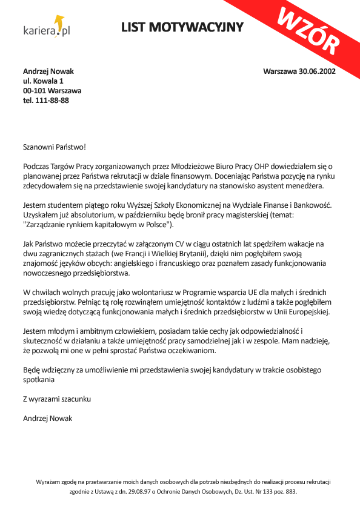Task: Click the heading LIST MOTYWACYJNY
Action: click(x=182, y=27)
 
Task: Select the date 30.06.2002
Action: click(x=318, y=71)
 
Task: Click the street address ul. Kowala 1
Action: click(x=43, y=81)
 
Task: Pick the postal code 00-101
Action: click(x=34, y=91)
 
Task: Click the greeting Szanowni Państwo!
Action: click(x=50, y=146)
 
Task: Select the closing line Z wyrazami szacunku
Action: click(x=57, y=399)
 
